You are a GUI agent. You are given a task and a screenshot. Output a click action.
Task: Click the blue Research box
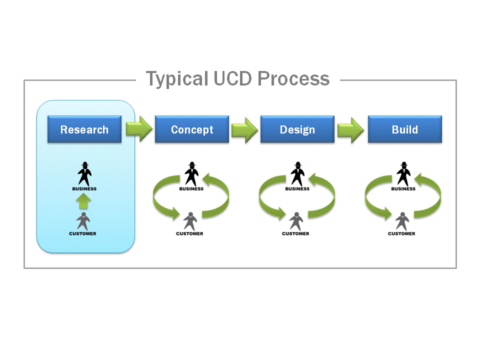click(84, 129)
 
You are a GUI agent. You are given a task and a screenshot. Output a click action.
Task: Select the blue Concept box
click(192, 129)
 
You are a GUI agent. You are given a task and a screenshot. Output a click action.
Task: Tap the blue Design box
click(297, 129)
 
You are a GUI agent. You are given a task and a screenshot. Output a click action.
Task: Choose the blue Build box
click(405, 129)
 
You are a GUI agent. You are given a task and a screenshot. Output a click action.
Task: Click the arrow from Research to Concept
click(138, 129)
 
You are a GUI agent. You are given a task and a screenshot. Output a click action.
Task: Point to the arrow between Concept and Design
click(244, 129)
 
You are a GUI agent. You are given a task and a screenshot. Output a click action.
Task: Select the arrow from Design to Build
click(351, 129)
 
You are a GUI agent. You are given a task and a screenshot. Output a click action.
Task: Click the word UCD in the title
click(231, 79)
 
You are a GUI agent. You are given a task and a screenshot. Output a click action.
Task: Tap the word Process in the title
click(294, 79)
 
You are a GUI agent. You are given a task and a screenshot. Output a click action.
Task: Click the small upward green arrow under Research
click(84, 201)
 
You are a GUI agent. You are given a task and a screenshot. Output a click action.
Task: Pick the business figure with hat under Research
click(84, 173)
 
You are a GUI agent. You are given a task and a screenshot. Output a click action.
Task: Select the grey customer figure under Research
click(83, 220)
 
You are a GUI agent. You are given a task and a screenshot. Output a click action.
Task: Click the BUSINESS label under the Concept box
click(191, 189)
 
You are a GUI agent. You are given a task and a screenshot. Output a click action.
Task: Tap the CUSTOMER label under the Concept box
click(189, 233)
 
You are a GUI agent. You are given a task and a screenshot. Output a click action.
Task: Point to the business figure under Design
click(298, 173)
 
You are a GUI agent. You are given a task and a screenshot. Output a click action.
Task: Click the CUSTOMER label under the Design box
click(295, 233)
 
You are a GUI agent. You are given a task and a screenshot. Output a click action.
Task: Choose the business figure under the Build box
click(404, 173)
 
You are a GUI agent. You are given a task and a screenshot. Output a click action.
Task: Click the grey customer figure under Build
click(401, 220)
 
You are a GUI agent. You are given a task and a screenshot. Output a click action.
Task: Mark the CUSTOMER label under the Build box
click(401, 233)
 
